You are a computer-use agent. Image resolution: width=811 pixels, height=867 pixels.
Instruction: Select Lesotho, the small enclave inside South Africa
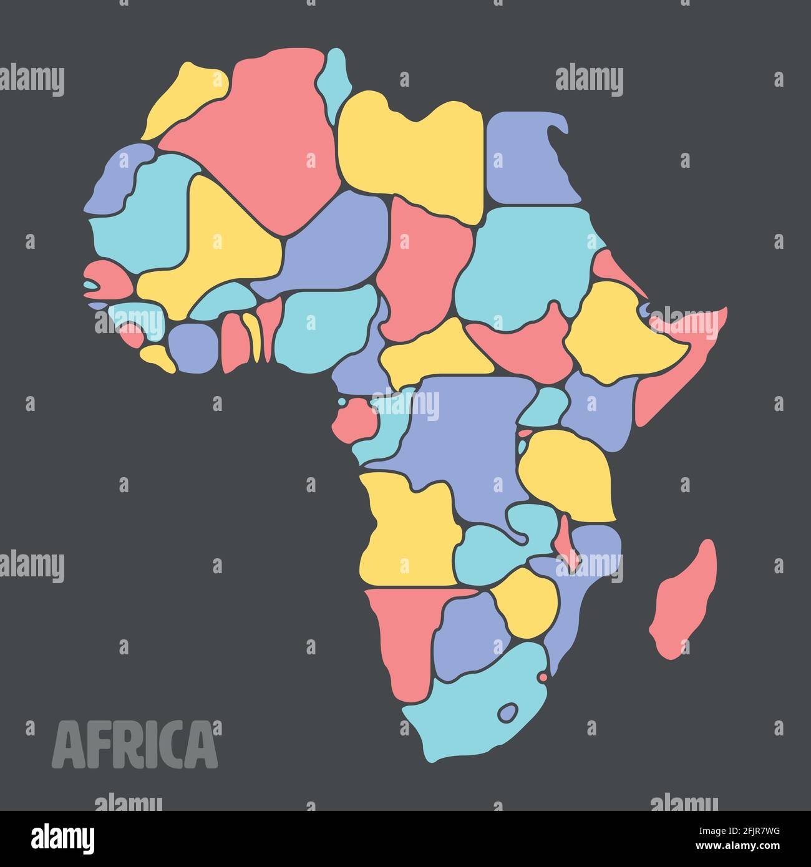coord(508,711)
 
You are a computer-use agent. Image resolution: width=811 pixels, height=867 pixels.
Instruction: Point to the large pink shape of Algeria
coord(262,131)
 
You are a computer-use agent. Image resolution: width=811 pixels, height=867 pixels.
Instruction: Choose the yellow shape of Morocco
coord(181,100)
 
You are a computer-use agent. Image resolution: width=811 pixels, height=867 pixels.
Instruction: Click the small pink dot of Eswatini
coord(543,677)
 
